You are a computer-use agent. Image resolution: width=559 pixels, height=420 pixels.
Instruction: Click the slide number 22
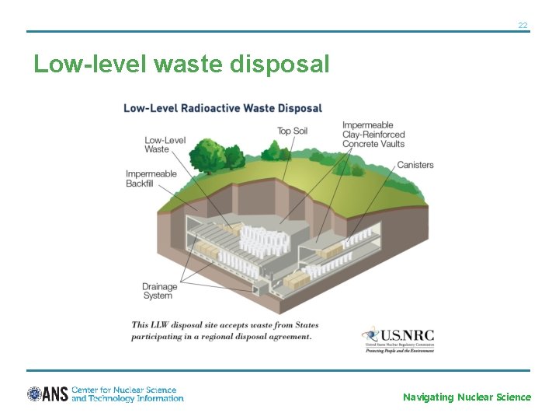point(523,26)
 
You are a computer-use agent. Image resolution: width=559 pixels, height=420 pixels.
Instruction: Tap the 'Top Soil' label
point(292,131)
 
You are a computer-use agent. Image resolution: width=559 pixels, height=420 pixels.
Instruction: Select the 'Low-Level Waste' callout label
point(165,145)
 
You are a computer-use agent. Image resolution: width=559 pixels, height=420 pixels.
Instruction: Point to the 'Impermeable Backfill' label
point(151,178)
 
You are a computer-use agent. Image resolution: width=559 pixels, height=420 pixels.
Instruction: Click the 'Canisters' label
point(415,165)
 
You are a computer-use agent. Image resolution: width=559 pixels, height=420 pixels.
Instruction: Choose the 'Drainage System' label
point(159,291)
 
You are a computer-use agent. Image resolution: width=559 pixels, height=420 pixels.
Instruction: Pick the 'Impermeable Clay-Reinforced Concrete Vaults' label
point(373,135)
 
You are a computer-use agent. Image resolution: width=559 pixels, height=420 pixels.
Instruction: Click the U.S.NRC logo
point(398,338)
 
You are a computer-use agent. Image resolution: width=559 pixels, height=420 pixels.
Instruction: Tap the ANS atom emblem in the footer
point(34,394)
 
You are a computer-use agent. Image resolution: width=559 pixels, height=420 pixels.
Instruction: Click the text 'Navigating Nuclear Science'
point(467,397)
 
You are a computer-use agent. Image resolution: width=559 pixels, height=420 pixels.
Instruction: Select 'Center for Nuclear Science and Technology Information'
point(127,394)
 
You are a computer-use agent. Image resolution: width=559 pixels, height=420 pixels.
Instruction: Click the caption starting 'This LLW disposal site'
point(224,331)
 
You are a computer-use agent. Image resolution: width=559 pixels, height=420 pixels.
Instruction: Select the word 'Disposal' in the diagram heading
point(298,108)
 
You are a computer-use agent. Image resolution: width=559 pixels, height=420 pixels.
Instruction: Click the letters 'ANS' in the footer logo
point(56,394)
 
